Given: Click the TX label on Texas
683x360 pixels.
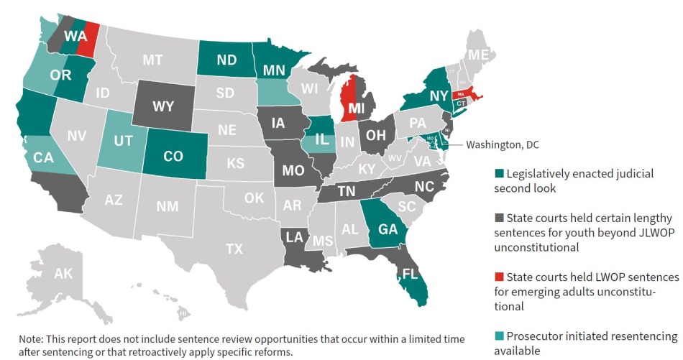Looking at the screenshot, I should click(234, 249).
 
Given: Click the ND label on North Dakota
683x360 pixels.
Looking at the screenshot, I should click(227, 60).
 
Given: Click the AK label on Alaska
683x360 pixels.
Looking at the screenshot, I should click(63, 273).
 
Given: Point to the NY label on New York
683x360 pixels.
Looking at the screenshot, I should click(440, 95).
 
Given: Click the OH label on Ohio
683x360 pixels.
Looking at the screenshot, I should click(376, 135).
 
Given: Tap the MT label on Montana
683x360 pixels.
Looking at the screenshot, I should click(152, 60).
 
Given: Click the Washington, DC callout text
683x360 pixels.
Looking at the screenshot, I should click(502, 145).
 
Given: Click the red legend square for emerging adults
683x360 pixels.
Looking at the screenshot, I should click(498, 277).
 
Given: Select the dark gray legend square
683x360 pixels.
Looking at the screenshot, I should click(498, 218).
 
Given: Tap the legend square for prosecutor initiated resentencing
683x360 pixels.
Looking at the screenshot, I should click(498, 336).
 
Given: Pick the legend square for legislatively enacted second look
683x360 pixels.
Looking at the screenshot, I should click(498, 174).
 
